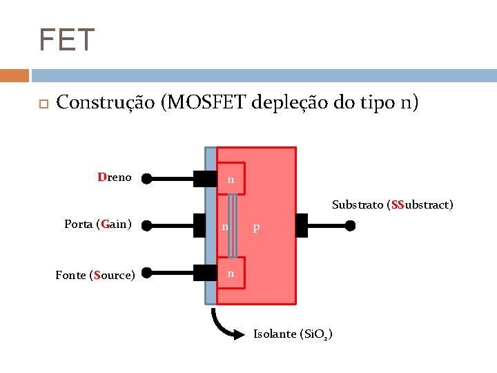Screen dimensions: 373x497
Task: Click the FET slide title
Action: pyautogui.click(x=66, y=40)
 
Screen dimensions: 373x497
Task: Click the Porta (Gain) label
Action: pyautogui.click(x=98, y=224)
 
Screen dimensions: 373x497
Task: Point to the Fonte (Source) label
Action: pyautogui.click(x=95, y=275)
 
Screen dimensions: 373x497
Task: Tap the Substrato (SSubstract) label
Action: pyautogui.click(x=392, y=204)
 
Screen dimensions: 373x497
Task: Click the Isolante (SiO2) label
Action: pyautogui.click(x=293, y=334)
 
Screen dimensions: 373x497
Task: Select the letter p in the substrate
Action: pyautogui.click(x=256, y=227)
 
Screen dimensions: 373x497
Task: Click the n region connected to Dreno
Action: pyautogui.click(x=231, y=180)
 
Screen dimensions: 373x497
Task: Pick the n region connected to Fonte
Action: pyautogui.click(x=231, y=274)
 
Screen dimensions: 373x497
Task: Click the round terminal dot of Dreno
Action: pyautogui.click(x=146, y=179)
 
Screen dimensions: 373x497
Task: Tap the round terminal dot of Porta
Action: pyautogui.click(x=146, y=225)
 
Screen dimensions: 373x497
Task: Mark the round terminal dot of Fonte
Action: pyautogui.click(x=146, y=274)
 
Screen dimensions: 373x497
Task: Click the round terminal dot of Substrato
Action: pyautogui.click(x=351, y=225)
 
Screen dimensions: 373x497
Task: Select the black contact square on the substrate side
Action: pyautogui.click(x=301, y=225)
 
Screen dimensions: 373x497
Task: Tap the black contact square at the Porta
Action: pyautogui.click(x=205, y=225)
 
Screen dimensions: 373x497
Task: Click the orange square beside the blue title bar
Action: pyautogui.click(x=14, y=75)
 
